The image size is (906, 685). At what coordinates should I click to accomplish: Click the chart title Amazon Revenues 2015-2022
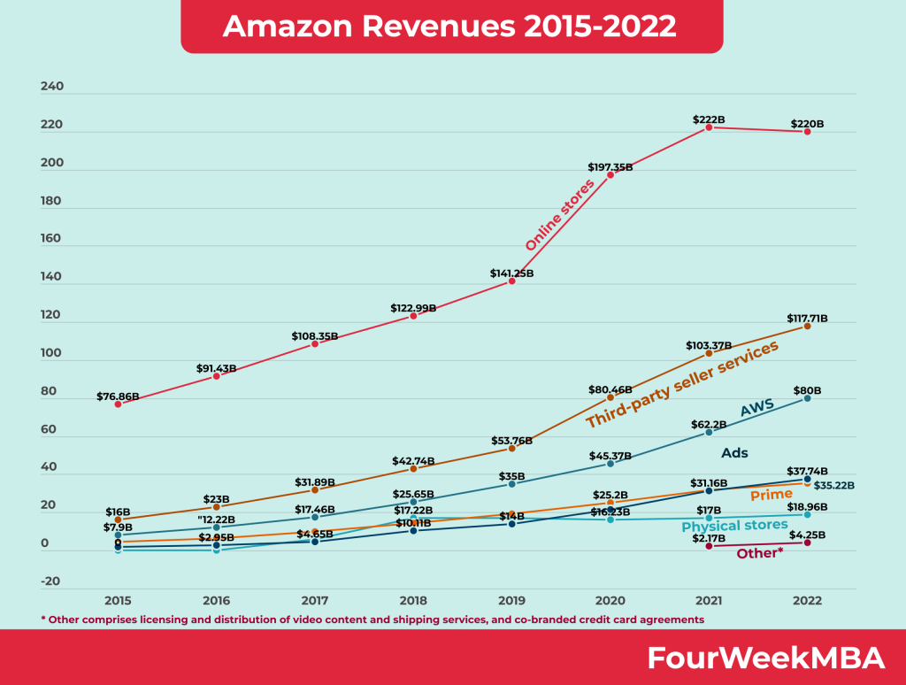[x=450, y=27]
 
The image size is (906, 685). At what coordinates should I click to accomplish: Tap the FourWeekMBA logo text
[x=765, y=658]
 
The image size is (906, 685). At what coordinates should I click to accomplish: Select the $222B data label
[x=709, y=119]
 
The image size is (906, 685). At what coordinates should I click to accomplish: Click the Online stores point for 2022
[x=807, y=132]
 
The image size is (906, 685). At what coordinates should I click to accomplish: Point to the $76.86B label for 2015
[x=119, y=396]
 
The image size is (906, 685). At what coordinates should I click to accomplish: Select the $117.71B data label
[x=806, y=317]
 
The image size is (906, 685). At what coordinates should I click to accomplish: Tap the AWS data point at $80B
[x=807, y=398]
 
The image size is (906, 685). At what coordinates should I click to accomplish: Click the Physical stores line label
[x=734, y=526]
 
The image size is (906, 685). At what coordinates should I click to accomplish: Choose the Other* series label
[x=760, y=553]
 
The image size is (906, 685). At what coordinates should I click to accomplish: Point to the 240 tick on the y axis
[x=51, y=87]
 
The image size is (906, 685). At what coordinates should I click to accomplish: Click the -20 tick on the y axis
[x=51, y=581]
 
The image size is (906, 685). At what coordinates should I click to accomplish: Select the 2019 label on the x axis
[x=511, y=600]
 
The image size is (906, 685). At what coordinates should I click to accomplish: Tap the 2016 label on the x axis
[x=216, y=600]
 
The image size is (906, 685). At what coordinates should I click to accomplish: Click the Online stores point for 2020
[x=610, y=175]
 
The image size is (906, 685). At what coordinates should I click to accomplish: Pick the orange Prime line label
[x=771, y=495]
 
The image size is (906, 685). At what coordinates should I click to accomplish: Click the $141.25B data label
[x=511, y=273]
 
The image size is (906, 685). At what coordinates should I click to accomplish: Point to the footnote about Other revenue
[x=372, y=620]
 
